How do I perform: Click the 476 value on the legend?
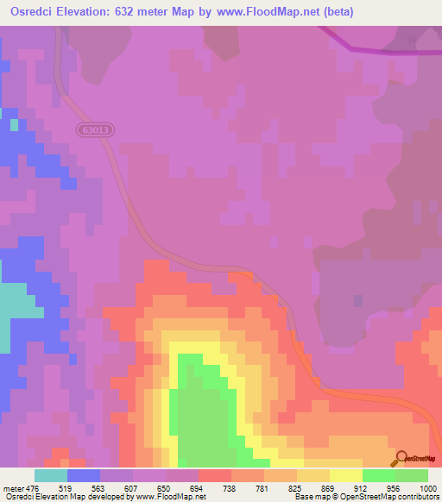tap(33, 486)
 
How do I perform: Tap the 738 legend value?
tap(230, 486)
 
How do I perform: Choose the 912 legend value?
tap(362, 486)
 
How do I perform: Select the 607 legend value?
tap(132, 486)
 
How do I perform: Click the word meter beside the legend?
tap(12, 486)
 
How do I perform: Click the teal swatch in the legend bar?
tap(51, 475)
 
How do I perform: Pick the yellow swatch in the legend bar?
tap(346, 475)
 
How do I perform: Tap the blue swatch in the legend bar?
tap(84, 475)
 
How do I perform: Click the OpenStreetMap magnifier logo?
tap(400, 458)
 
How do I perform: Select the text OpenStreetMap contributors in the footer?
tap(391, 497)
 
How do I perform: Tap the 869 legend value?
tap(329, 486)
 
